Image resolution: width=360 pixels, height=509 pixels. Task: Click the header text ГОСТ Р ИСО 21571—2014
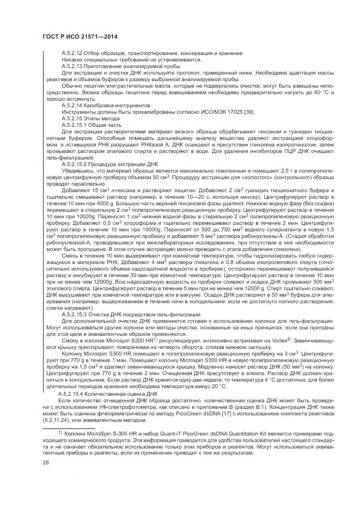point(80,37)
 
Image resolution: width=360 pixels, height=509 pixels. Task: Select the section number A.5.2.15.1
point(76,124)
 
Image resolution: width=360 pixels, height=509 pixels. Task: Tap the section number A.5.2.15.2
point(76,164)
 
